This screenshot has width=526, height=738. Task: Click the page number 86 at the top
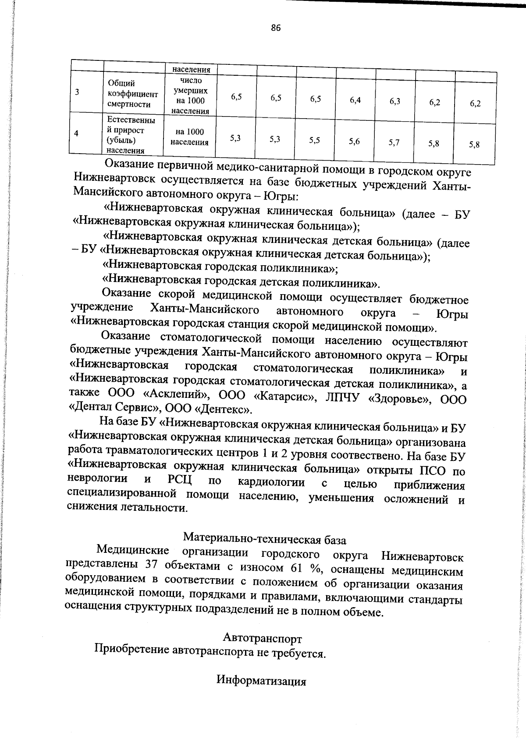tap(275, 28)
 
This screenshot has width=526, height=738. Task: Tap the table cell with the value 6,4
tap(355, 100)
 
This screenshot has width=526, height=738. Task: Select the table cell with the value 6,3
tap(394, 101)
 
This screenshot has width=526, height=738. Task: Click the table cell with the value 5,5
tap(314, 140)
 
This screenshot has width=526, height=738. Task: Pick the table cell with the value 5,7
tap(394, 142)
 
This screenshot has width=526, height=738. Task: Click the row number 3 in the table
tap(77, 92)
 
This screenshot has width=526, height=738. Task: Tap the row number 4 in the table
tap(76, 134)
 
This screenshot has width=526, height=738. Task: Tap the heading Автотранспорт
tap(262, 637)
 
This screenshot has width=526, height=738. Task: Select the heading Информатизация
tap(261, 681)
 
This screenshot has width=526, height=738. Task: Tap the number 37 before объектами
tap(151, 565)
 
